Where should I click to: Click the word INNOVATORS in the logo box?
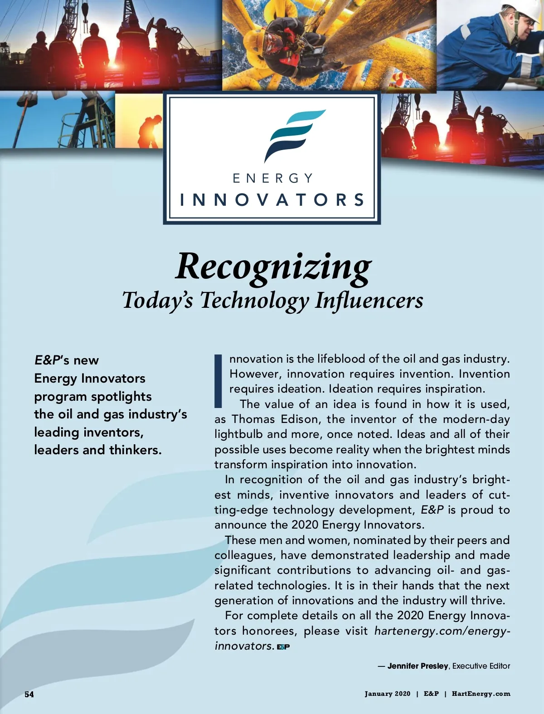tap(272, 200)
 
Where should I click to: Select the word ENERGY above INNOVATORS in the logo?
tap(272, 178)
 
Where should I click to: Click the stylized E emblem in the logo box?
tap(293, 135)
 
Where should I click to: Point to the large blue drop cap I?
tap(219, 381)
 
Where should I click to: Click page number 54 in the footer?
tap(29, 694)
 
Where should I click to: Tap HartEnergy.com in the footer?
tap(481, 694)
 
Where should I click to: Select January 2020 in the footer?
tap(388, 694)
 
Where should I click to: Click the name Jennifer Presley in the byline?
tap(418, 666)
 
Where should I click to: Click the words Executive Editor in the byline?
tap(481, 666)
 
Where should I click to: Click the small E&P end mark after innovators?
tap(283, 647)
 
